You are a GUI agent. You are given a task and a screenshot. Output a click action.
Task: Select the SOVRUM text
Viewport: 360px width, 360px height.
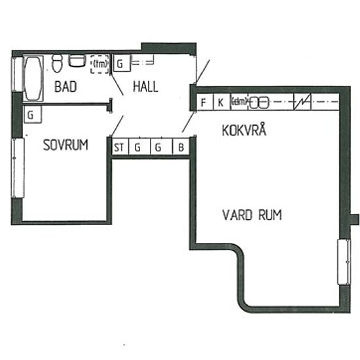tap(65, 145)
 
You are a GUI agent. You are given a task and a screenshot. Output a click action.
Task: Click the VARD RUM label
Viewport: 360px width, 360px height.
tap(252, 215)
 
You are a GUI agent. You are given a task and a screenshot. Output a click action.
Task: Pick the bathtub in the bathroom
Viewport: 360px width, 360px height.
tap(32, 78)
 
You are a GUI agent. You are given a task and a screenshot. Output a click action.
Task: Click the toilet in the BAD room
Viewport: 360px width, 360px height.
tap(56, 63)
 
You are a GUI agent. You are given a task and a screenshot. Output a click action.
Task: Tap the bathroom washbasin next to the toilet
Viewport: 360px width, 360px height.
tap(77, 62)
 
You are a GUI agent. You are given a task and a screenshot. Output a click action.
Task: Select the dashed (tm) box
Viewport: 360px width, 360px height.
tap(99, 64)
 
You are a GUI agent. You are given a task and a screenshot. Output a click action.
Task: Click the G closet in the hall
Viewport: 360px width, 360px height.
tap(121, 63)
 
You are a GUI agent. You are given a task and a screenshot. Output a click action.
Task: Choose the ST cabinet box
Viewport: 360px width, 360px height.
tap(119, 147)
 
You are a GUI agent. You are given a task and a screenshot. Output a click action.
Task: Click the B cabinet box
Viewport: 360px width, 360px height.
tap(181, 147)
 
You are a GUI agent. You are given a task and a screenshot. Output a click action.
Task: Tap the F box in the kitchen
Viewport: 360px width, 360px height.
tap(204, 102)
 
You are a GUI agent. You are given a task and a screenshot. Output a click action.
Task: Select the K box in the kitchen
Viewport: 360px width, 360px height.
tap(221, 102)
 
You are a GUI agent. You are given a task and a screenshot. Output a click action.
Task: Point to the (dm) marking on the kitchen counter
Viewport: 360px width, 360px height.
tap(238, 101)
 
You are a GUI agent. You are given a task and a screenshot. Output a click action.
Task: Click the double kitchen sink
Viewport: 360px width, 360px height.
tap(259, 102)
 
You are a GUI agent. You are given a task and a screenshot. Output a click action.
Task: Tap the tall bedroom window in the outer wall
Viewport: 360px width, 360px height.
tap(17, 166)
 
